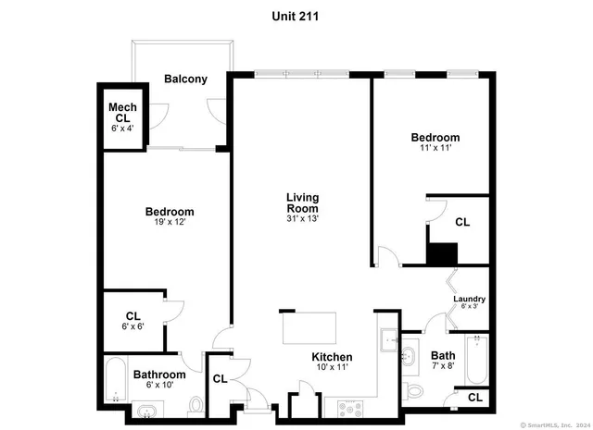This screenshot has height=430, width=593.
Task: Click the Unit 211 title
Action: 297,15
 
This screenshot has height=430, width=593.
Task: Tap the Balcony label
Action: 185,80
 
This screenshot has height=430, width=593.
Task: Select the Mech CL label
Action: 122,113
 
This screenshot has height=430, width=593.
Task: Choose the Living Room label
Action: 303,203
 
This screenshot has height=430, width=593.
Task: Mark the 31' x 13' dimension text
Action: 303,219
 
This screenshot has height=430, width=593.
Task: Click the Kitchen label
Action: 332,357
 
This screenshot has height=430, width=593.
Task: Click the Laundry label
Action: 469,299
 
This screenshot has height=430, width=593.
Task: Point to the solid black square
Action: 442,252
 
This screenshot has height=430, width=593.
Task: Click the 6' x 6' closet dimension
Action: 132,327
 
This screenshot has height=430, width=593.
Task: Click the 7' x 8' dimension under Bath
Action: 442,367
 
